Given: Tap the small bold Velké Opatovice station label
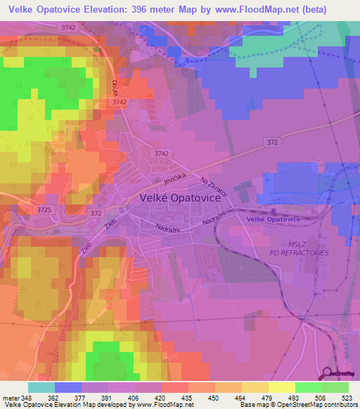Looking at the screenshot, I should pos(274,220).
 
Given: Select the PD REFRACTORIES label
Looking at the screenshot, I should pos(299,252).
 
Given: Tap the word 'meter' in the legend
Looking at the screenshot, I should pos(10,397).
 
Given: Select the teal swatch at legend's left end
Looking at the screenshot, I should pos(41,387).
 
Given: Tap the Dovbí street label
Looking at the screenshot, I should pos(114,89).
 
